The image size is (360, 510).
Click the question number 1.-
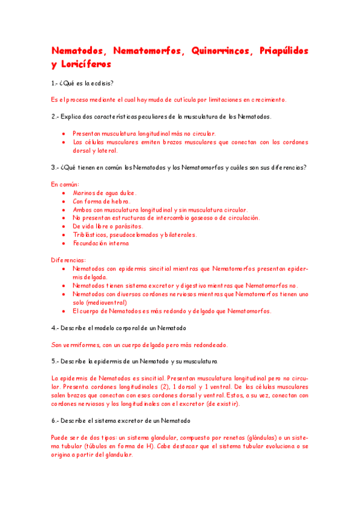coord(55,83)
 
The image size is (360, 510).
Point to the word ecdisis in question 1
coord(103,83)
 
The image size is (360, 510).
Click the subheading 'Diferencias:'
coord(68,260)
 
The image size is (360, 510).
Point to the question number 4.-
coord(55,328)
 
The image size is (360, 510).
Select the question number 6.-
coord(55,420)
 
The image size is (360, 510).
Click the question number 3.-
coord(55,167)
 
